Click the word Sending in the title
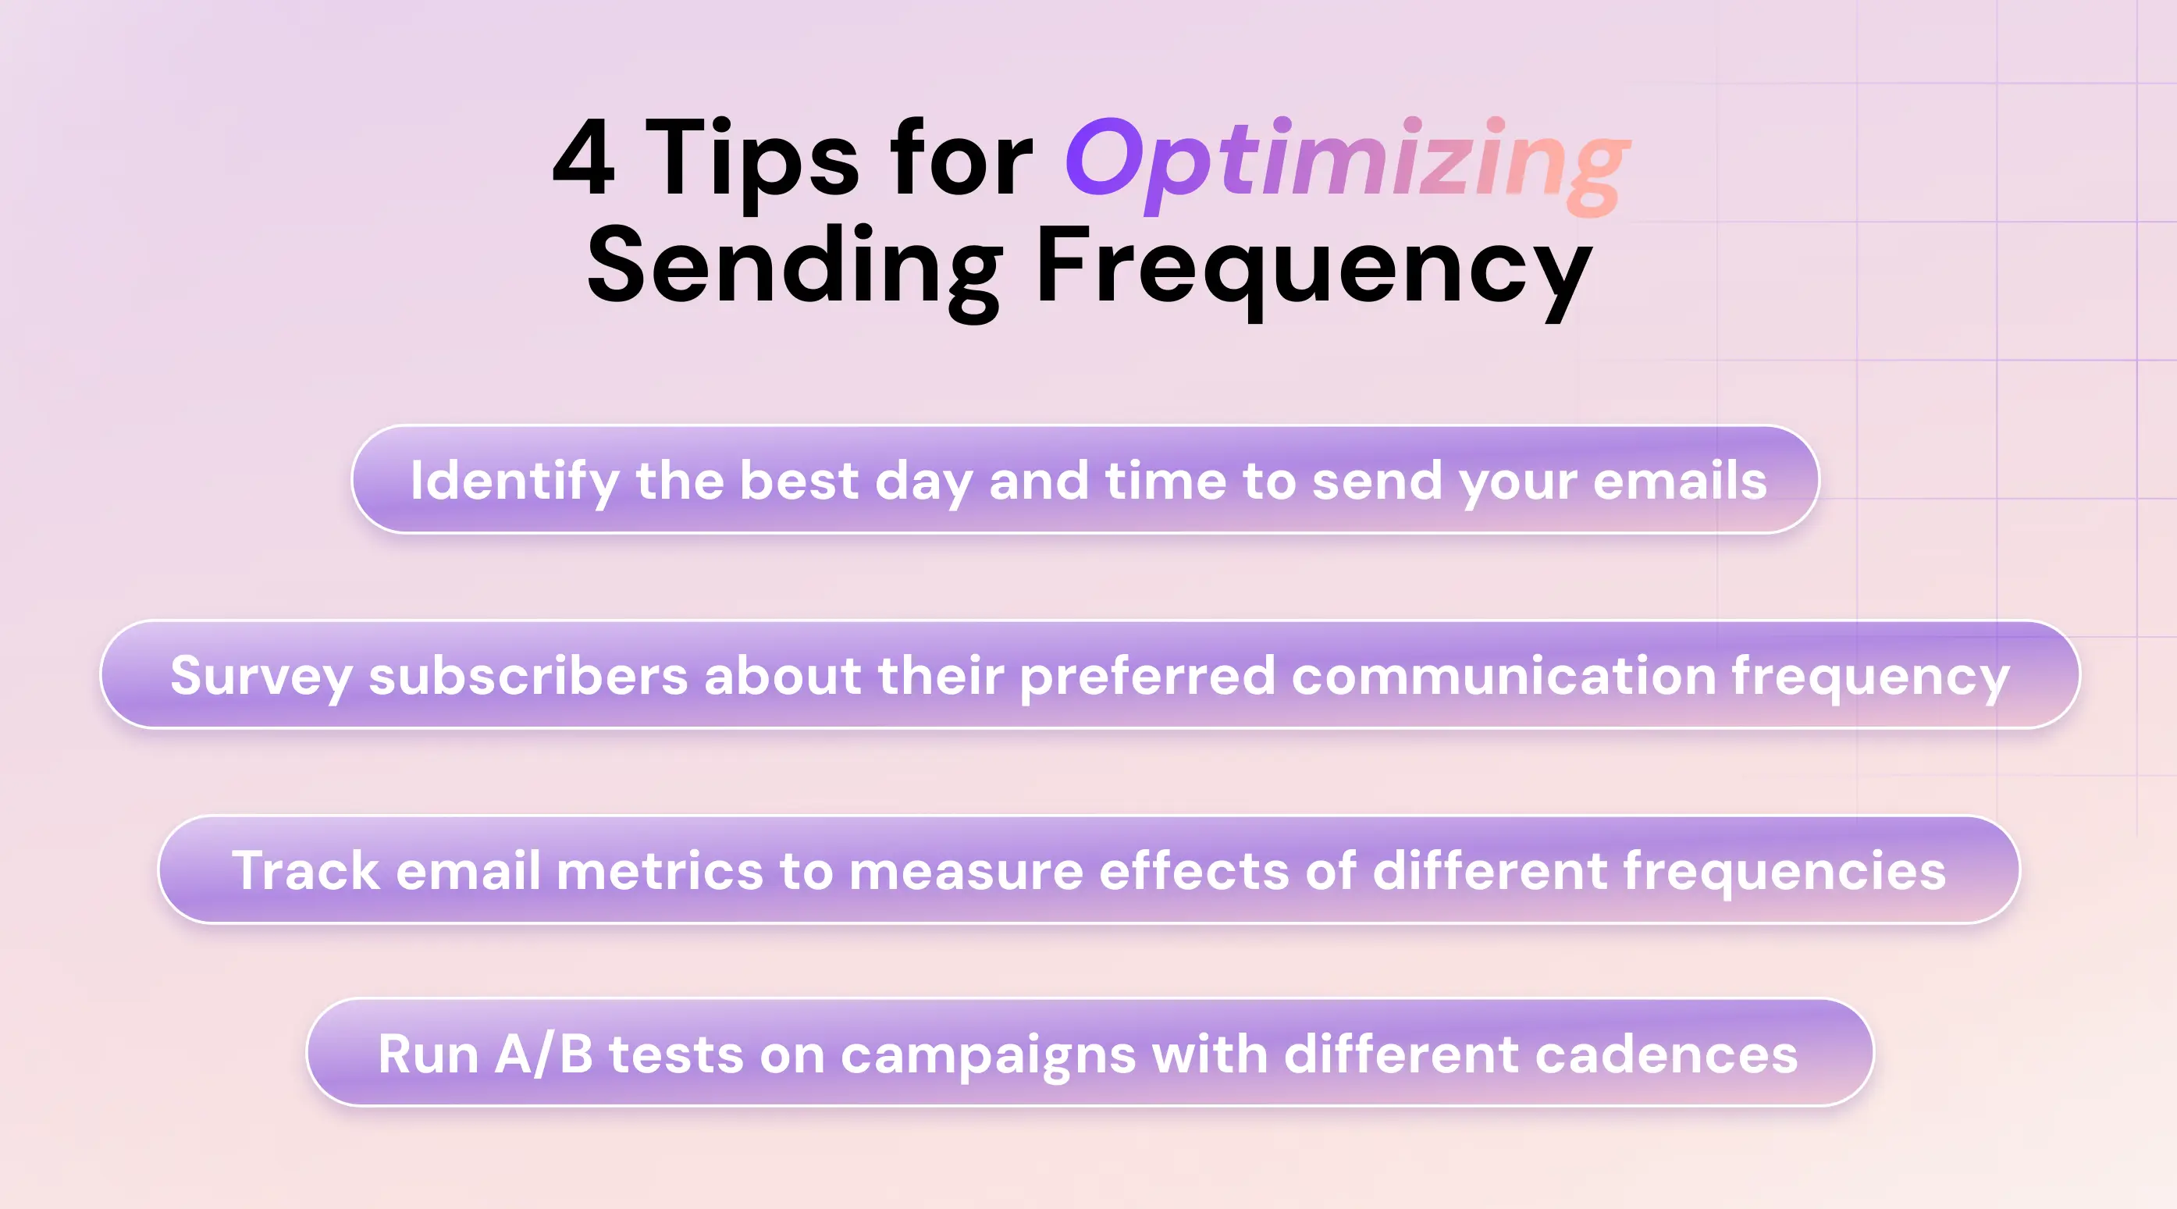[795, 266]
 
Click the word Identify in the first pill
[514, 481]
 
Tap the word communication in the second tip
[1503, 676]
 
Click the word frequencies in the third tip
[1784, 871]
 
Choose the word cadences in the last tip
[1666, 1054]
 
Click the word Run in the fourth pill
[428, 1054]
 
